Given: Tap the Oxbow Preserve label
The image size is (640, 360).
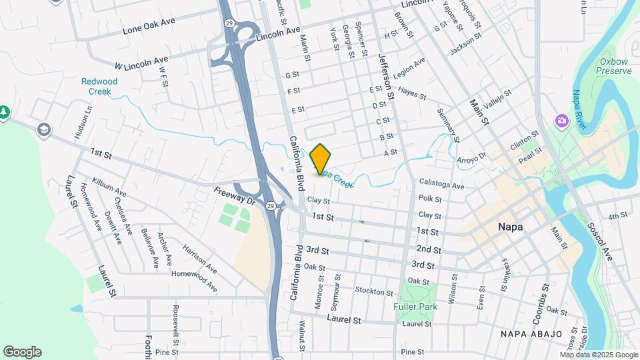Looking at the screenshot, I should point(613,65).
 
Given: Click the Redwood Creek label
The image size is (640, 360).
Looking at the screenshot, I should point(99,86).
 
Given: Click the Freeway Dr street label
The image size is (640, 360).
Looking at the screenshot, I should point(235,196).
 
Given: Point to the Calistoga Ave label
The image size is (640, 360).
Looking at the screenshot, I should point(441,185).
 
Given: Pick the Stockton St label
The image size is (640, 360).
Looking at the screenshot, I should point(374,291).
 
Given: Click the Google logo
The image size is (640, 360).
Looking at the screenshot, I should point(22,352).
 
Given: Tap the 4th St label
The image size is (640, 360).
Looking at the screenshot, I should point(618,215).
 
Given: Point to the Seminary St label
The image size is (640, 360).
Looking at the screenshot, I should point(449,126).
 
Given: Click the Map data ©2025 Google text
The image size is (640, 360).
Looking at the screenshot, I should point(599,355).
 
